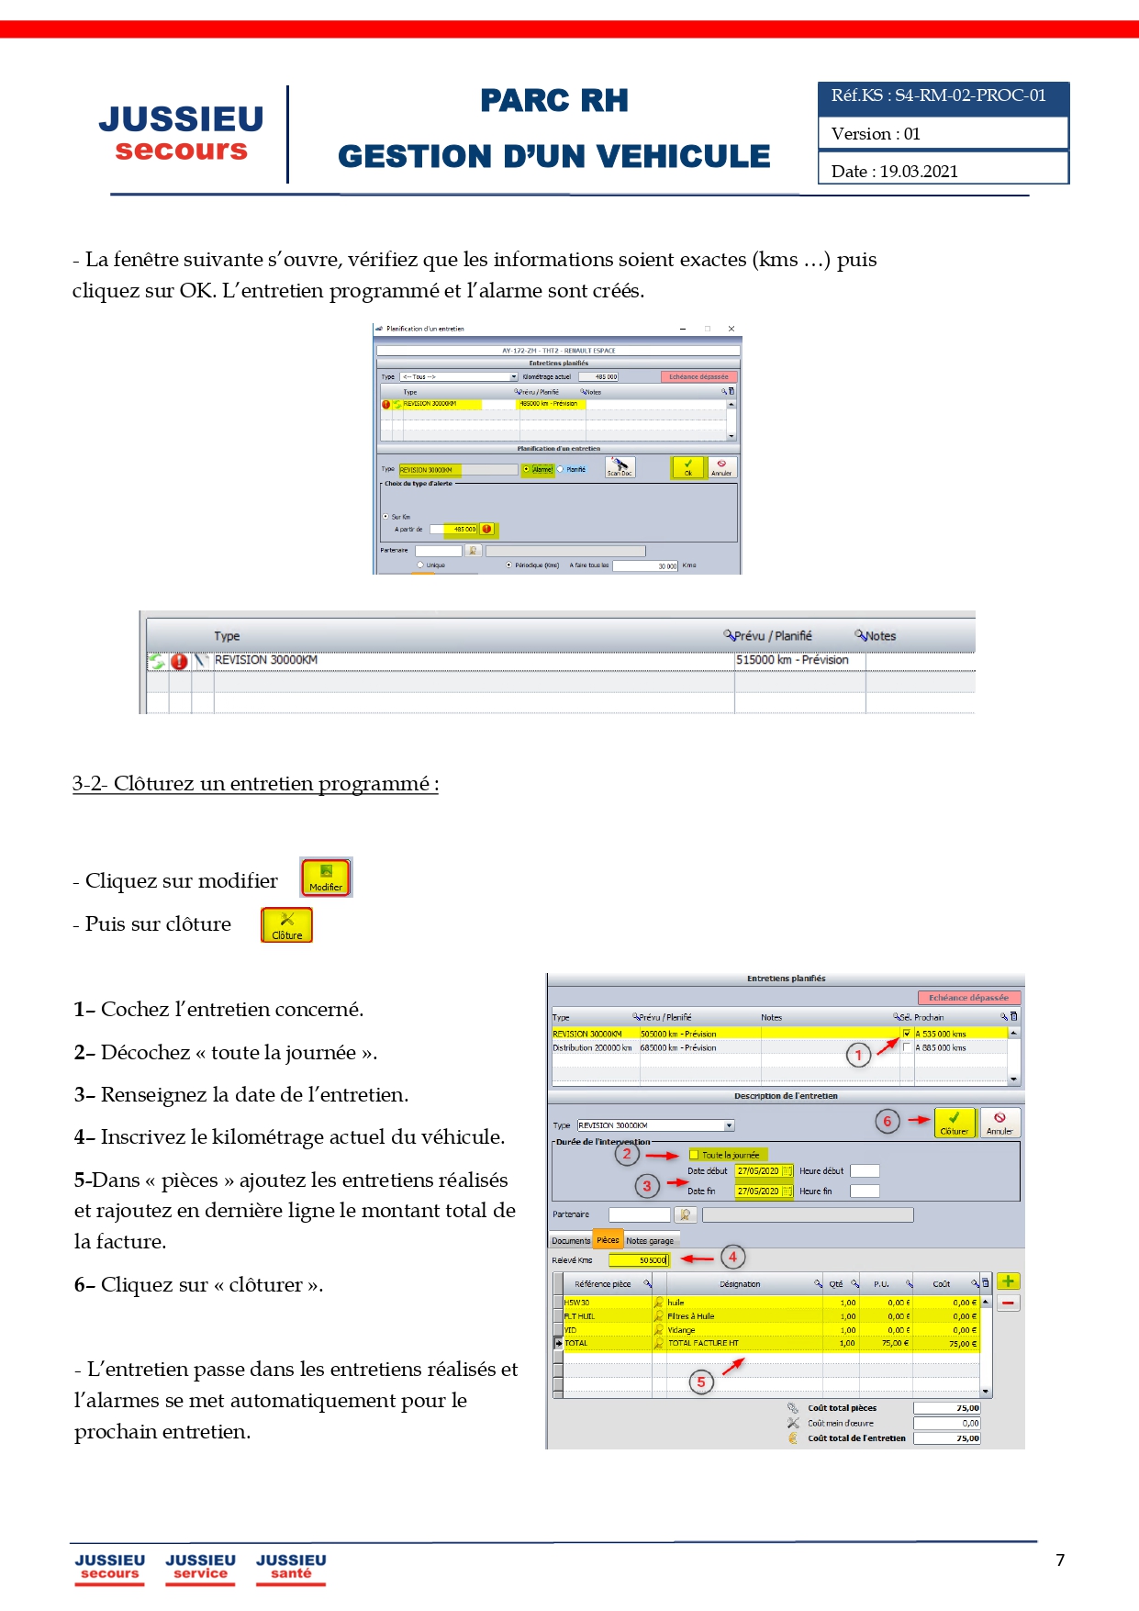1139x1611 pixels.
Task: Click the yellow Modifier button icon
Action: coord(326,877)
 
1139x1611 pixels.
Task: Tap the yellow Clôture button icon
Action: coord(286,924)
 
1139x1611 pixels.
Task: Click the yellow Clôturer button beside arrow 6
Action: coord(954,1122)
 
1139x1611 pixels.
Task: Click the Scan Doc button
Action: coord(620,467)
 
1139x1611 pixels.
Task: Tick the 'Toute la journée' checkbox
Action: coord(695,1155)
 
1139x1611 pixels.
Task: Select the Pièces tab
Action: coord(608,1240)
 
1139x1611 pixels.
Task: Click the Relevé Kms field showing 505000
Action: coord(640,1260)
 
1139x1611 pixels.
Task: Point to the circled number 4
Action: coord(732,1257)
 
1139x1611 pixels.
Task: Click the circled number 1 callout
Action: coord(858,1056)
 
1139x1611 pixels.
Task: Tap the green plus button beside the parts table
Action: coord(1008,1281)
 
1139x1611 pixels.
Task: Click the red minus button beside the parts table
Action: coord(1008,1303)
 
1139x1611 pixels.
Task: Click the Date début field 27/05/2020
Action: coord(758,1171)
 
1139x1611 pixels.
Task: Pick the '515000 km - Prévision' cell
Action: coord(792,660)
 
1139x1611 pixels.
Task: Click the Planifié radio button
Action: coord(561,469)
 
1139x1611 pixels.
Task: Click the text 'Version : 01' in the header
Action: coord(876,134)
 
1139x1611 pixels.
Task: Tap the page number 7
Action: coord(1060,1561)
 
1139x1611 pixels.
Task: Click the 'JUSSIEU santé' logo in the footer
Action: coord(291,1566)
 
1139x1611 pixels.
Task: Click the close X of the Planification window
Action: coord(731,329)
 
